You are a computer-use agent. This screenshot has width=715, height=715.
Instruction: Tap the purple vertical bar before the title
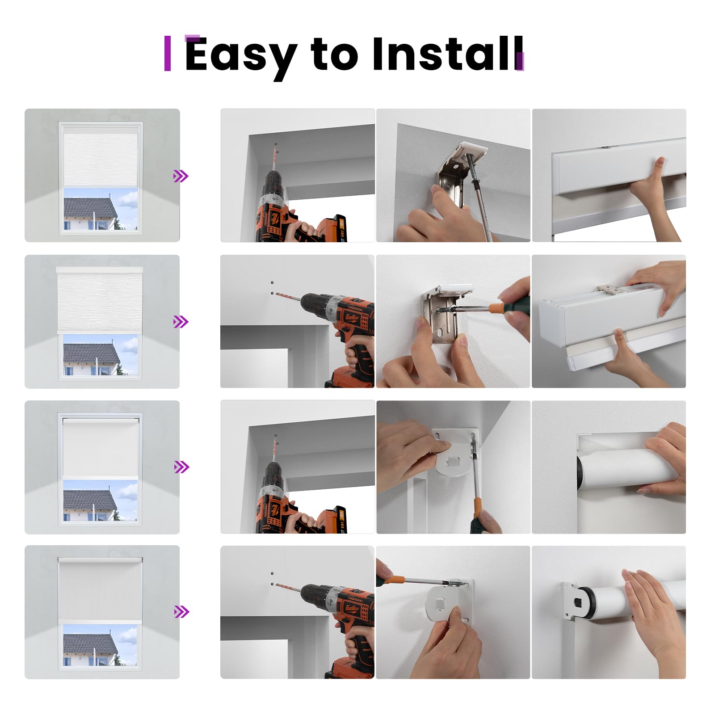point(168,53)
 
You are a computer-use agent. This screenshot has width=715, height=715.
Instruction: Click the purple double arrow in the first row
point(181,176)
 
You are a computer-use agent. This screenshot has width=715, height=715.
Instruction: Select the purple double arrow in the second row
point(181,322)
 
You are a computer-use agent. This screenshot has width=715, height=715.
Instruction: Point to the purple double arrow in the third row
point(181,467)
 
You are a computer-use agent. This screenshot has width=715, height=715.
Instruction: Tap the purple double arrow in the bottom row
point(181,612)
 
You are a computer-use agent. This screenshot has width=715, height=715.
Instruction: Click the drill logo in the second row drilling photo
point(352,317)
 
